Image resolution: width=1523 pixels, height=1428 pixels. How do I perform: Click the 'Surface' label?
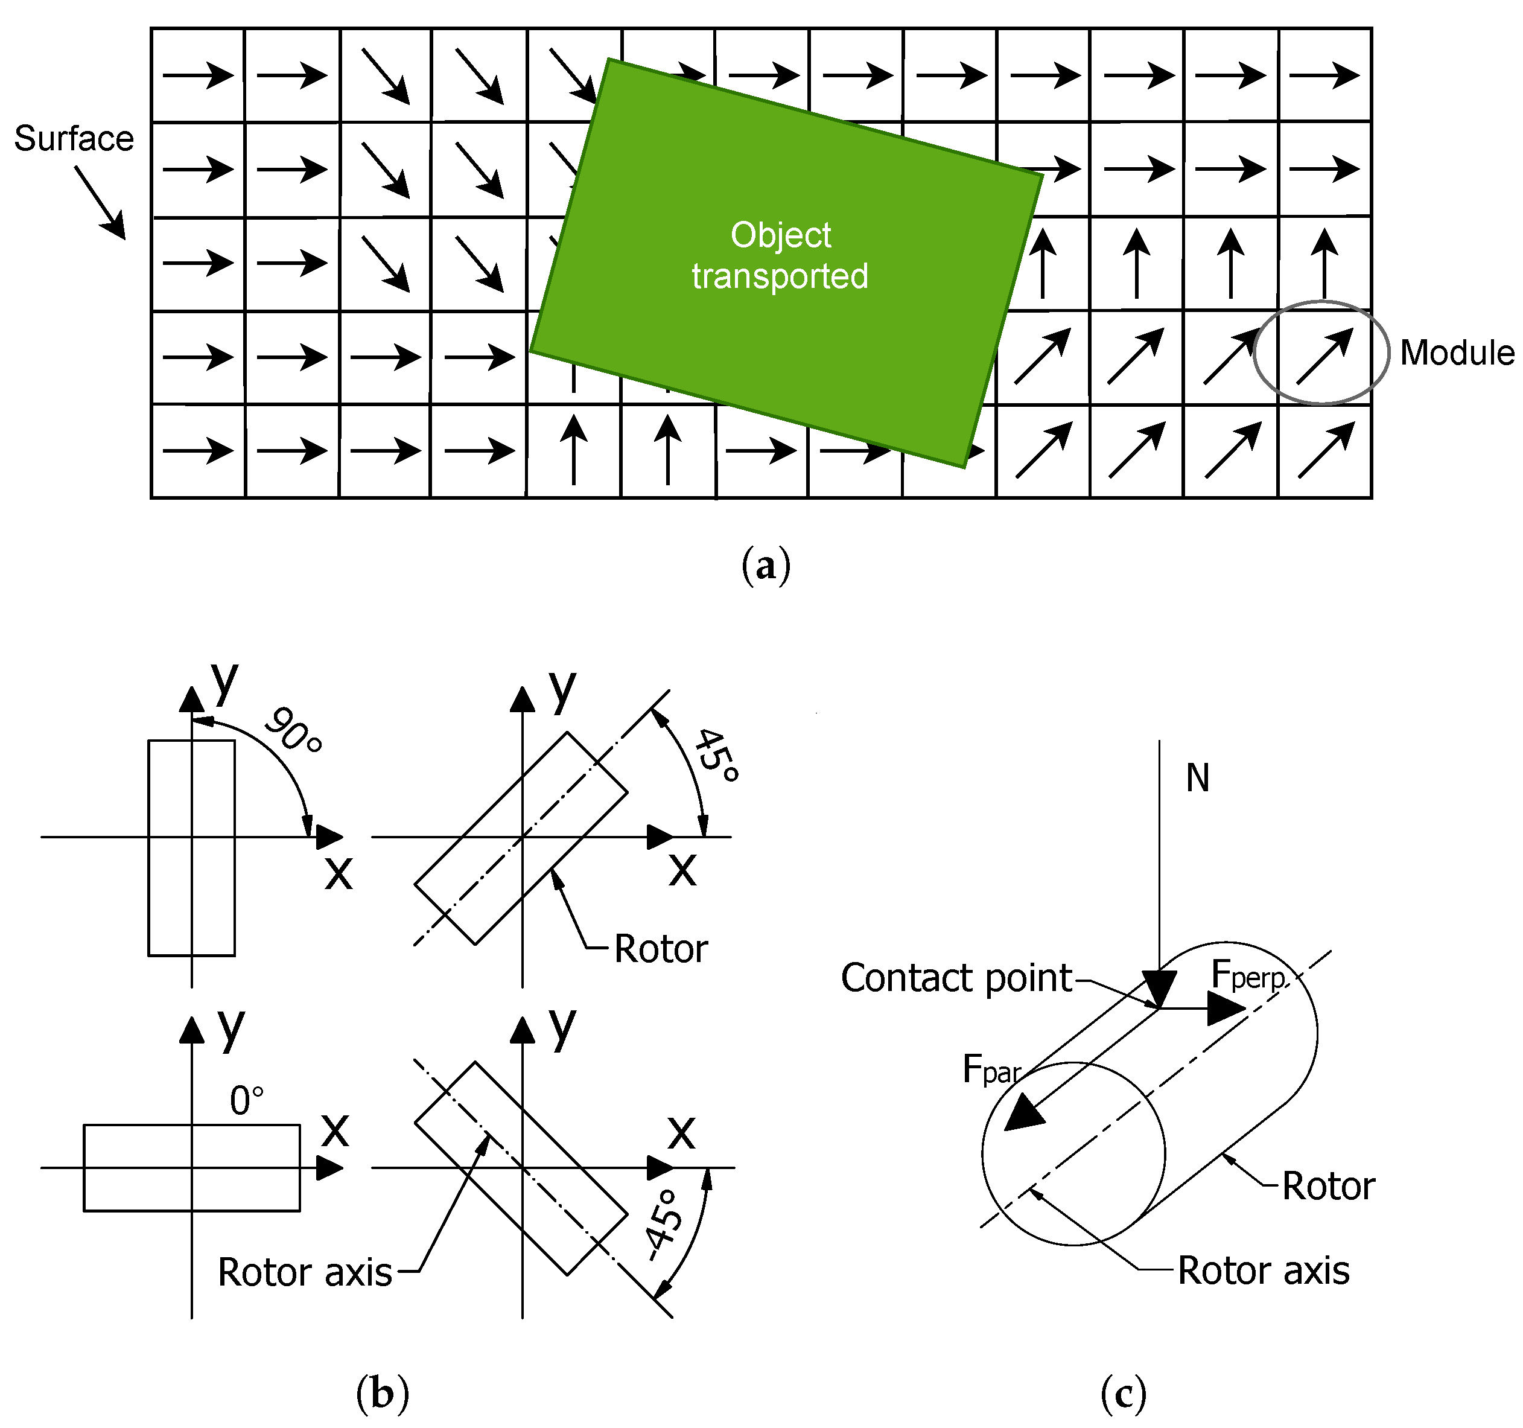[x=74, y=139]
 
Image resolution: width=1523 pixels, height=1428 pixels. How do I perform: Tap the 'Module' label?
[x=1455, y=353]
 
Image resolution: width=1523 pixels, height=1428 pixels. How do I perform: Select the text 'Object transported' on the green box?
[x=780, y=255]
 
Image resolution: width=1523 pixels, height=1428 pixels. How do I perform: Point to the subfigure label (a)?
[x=765, y=566]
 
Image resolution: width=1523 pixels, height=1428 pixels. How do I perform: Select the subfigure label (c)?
[x=1122, y=1393]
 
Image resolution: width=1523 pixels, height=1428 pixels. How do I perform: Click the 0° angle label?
[x=247, y=1101]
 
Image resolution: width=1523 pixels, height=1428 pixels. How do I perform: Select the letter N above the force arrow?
[x=1197, y=779]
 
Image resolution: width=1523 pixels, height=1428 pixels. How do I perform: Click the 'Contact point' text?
[x=956, y=978]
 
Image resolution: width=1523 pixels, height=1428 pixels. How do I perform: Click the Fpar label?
[x=991, y=1069]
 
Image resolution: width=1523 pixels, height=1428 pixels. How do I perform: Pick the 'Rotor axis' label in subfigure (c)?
[x=1262, y=1271]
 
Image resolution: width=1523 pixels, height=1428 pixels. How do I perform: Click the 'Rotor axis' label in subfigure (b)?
[x=305, y=1272]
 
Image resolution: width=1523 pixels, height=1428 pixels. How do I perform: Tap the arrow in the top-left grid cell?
[x=198, y=75]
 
